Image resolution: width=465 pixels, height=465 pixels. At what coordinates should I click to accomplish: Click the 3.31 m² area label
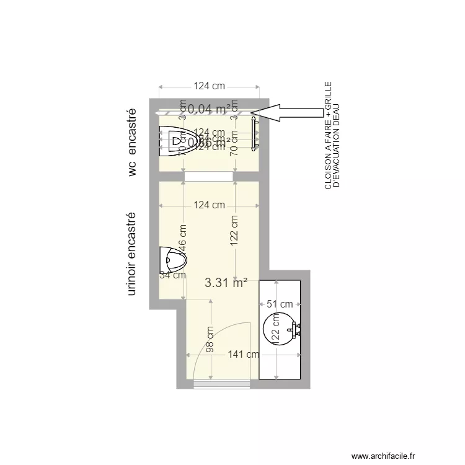point(226,283)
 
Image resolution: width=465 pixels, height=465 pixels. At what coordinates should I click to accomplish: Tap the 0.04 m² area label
point(209,109)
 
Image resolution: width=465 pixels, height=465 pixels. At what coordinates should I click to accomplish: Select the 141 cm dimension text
point(244,355)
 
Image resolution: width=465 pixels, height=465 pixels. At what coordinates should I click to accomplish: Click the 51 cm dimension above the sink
point(280,304)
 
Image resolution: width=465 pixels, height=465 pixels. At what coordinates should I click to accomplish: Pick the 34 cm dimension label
point(172,275)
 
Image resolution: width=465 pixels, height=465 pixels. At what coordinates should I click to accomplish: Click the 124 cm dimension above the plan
point(209,86)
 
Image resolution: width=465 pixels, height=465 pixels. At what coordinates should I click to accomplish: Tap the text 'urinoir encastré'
point(131,254)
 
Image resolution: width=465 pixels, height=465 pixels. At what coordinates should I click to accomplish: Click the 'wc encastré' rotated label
point(131,143)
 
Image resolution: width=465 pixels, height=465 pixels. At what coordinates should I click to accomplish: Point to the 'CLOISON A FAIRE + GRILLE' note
point(328,135)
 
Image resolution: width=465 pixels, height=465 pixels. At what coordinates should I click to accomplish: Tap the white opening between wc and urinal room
point(209,177)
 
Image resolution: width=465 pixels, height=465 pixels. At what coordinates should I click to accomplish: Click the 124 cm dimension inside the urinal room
point(209,205)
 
